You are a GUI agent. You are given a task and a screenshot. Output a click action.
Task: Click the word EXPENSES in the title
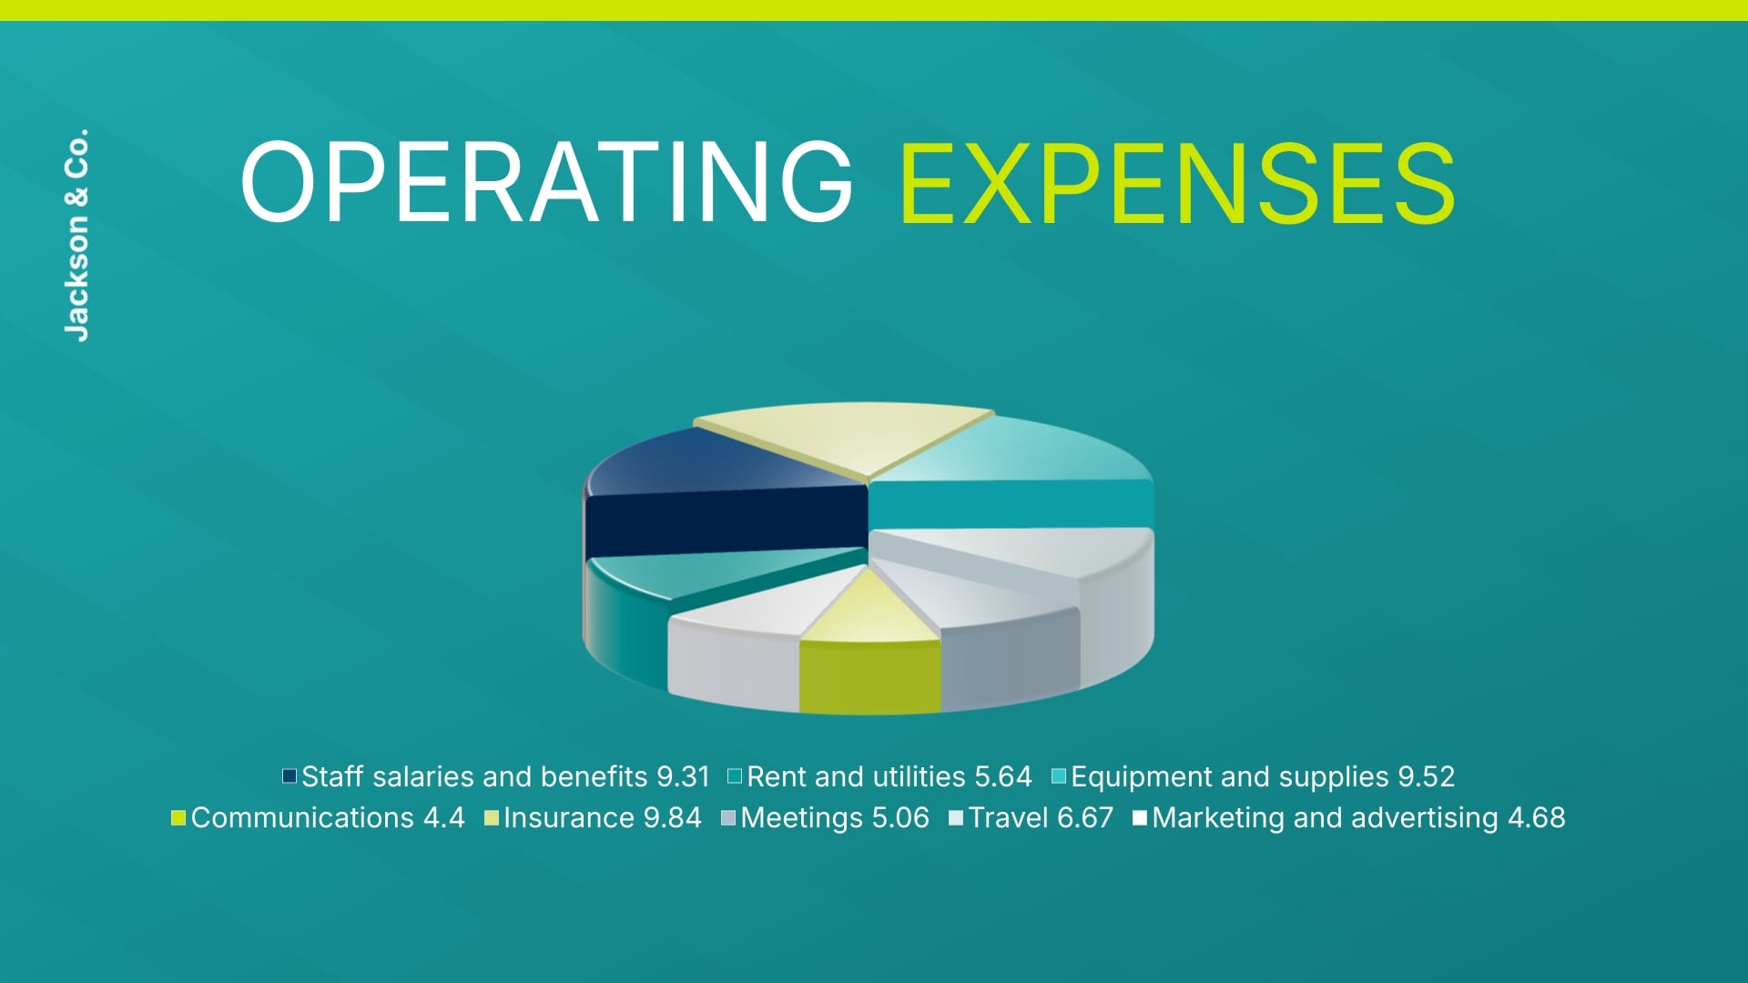(1177, 182)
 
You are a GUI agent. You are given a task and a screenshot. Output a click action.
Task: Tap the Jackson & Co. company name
(77, 235)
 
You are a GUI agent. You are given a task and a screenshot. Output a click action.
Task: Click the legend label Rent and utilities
(856, 776)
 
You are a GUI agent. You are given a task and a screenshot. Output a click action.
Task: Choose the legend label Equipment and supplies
(1230, 776)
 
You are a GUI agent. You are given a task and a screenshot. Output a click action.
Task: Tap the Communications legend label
(302, 817)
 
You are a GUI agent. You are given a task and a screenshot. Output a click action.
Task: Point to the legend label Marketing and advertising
(1325, 817)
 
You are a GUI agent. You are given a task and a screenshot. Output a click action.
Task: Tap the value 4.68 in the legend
(1537, 817)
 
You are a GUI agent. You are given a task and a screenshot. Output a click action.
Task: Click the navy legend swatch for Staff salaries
(290, 776)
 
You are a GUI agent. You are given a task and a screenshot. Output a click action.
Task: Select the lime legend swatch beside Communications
(178, 817)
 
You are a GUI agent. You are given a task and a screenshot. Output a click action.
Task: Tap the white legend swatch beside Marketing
(1139, 817)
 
